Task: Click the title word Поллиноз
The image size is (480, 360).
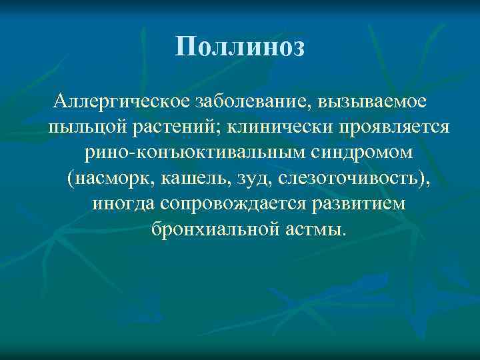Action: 241,47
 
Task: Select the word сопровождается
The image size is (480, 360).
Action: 227,203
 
